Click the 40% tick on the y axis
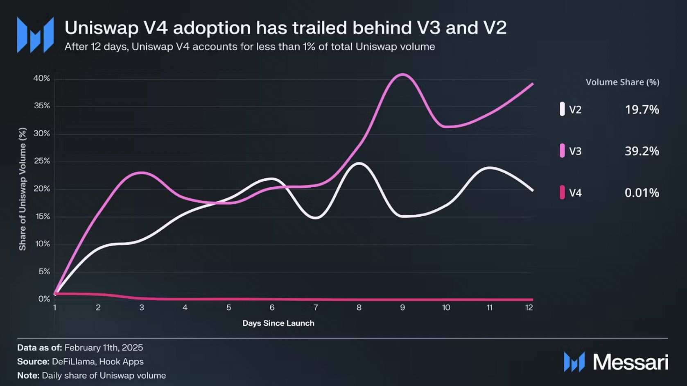(42, 78)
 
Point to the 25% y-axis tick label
(42, 161)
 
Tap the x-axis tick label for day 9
(402, 308)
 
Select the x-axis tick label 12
(529, 308)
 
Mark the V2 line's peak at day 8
(359, 163)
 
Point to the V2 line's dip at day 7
(316, 218)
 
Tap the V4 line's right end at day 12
(532, 300)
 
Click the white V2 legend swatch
(562, 109)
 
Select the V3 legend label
(575, 151)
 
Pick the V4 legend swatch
(562, 193)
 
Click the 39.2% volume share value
(642, 151)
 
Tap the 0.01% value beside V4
(642, 193)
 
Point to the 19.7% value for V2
(642, 109)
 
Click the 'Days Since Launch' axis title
(278, 323)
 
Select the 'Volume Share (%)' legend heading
(622, 82)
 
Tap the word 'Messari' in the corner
(631, 362)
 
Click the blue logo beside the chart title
(35, 35)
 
